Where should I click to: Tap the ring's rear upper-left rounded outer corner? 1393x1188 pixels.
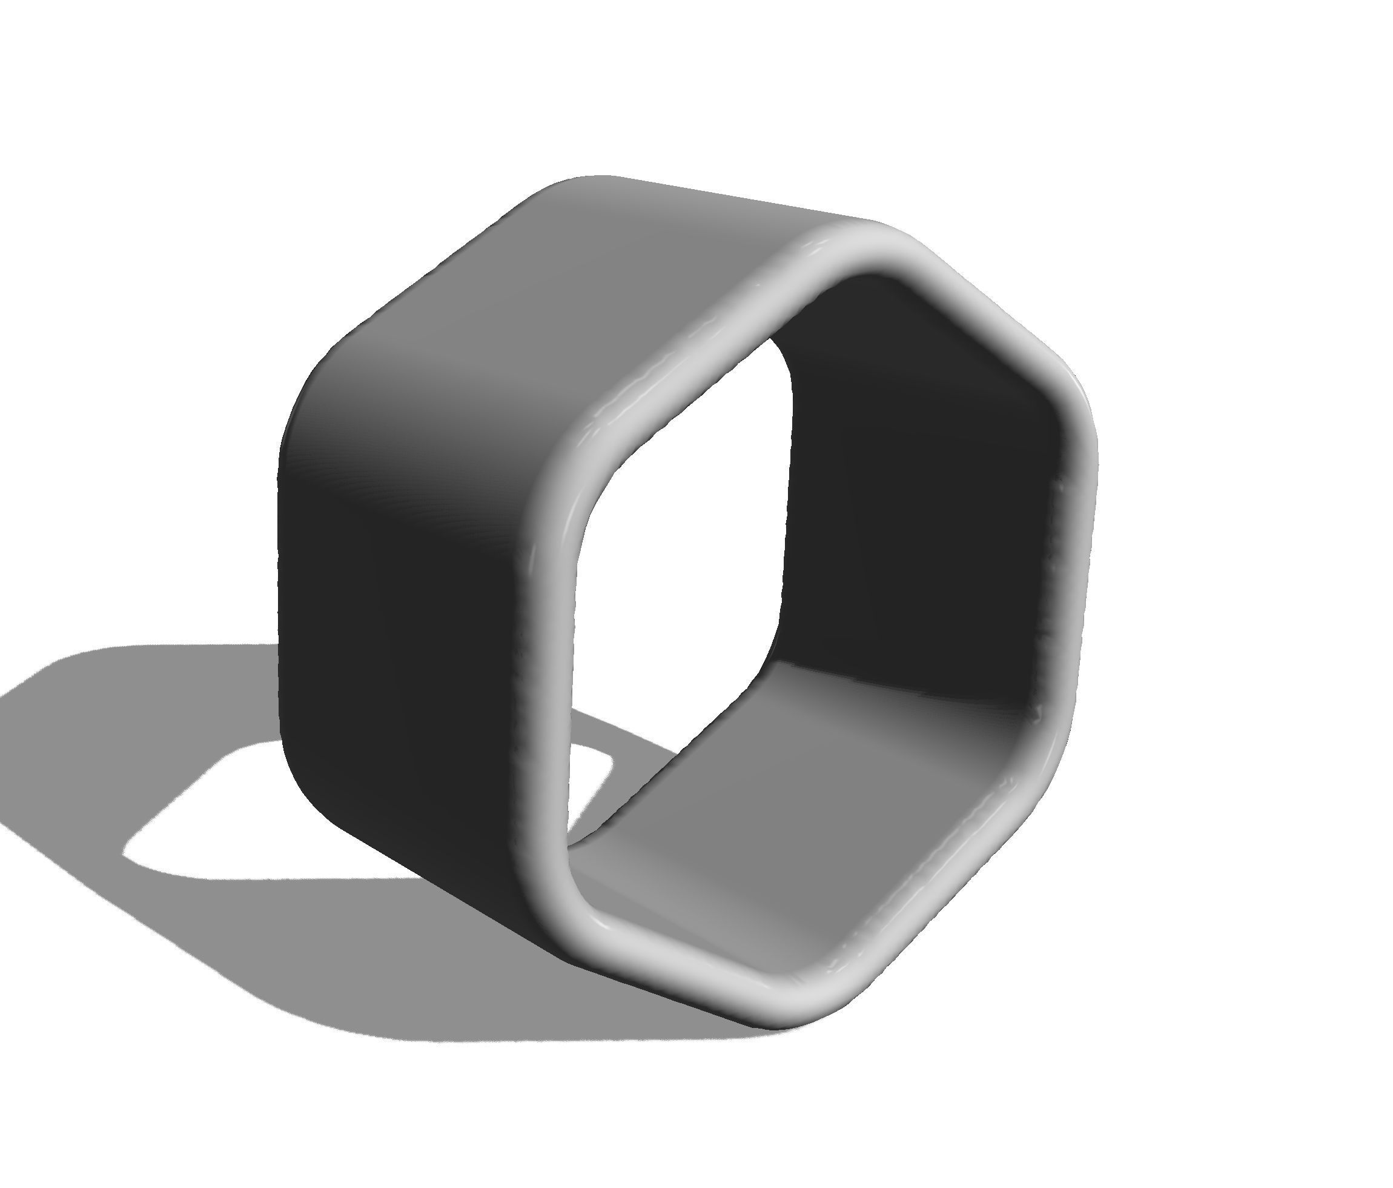323,377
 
